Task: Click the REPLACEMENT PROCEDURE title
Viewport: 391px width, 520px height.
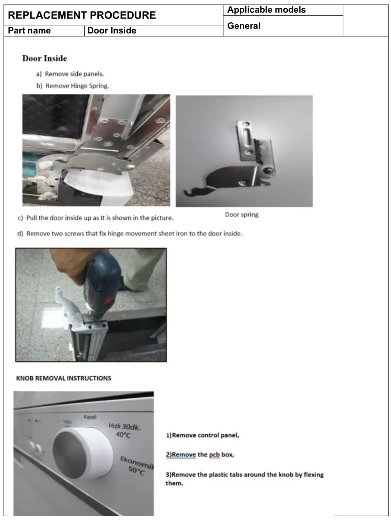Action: pos(82,15)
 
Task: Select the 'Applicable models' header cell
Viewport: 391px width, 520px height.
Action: pos(266,10)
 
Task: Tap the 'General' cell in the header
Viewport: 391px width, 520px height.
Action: pos(244,26)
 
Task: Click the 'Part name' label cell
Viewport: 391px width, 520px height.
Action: pos(29,31)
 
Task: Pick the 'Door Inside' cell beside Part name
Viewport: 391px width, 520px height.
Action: pos(112,31)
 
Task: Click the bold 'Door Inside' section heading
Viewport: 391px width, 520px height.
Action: pos(45,58)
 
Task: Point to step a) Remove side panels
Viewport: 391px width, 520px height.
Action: pos(70,74)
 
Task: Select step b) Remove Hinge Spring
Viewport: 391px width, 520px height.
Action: pos(73,86)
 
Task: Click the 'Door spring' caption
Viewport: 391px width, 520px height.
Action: pos(242,214)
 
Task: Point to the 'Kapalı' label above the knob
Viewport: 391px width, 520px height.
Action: pos(90,417)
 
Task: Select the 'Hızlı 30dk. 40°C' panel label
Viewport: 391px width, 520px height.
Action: pos(125,430)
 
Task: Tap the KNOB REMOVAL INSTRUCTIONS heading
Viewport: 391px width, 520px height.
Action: pos(64,378)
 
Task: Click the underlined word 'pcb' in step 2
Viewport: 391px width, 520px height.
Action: pos(214,455)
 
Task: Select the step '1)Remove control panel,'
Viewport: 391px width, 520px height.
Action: pos(202,435)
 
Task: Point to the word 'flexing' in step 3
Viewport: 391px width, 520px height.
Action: pos(313,475)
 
